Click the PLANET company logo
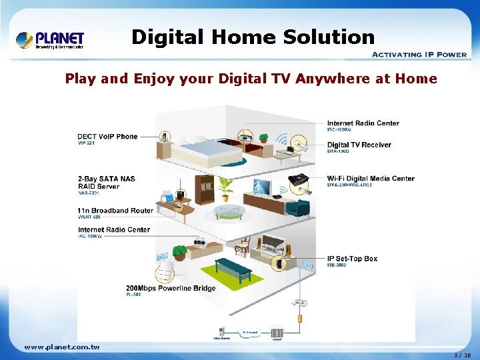pyautogui.click(x=50, y=39)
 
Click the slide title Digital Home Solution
pyautogui.click(x=253, y=37)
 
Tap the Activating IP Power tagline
pyautogui.click(x=418, y=55)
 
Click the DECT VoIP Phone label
pyautogui.click(x=107, y=137)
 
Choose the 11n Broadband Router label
pyautogui.click(x=115, y=211)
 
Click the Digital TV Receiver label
pyautogui.click(x=359, y=145)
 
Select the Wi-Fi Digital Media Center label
pyautogui.click(x=371, y=179)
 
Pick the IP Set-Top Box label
pyautogui.click(x=352, y=259)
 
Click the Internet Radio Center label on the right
pyautogui.click(x=363, y=123)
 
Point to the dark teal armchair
pyautogui.click(x=297, y=207)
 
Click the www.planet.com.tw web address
pyautogui.click(x=61, y=347)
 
